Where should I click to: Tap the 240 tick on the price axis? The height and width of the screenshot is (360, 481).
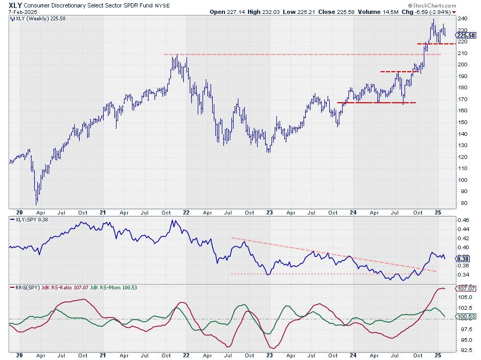[x=463, y=18]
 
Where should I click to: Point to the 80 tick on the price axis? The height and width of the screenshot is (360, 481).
[x=461, y=203]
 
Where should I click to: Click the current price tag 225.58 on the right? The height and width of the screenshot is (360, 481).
[x=468, y=35]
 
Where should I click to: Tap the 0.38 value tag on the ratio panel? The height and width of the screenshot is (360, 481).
[x=466, y=258]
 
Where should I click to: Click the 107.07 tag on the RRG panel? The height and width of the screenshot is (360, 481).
[x=467, y=289]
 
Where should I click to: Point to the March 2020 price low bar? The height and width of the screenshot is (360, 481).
[x=37, y=204]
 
